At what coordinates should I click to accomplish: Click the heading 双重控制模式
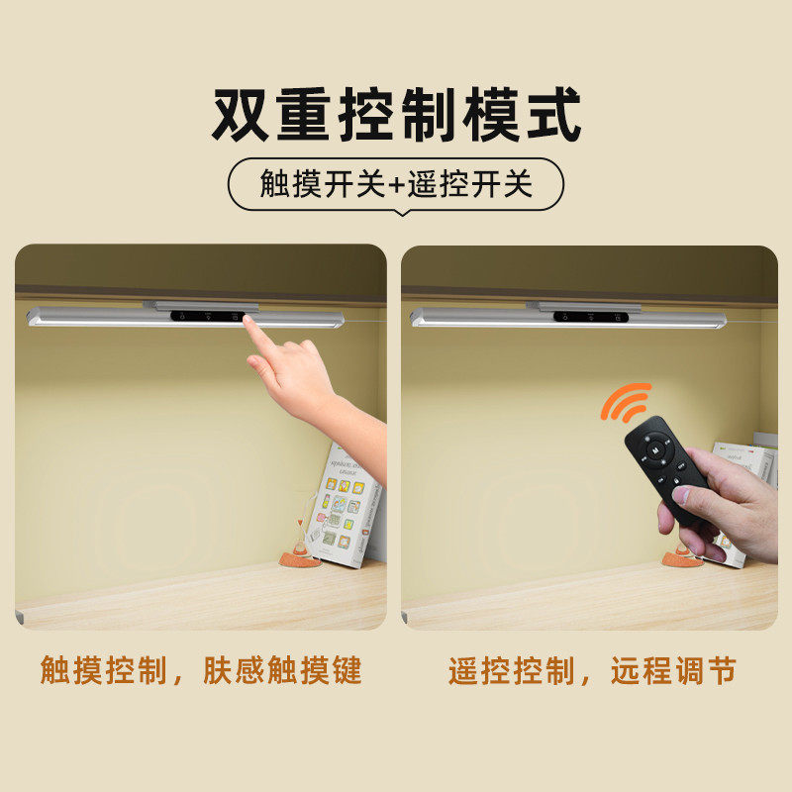click(396, 117)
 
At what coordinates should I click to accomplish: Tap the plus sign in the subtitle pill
click(396, 184)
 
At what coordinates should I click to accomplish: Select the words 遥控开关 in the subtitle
click(470, 184)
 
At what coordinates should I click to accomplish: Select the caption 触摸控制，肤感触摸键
click(201, 671)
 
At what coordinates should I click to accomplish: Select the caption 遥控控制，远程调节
click(592, 671)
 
